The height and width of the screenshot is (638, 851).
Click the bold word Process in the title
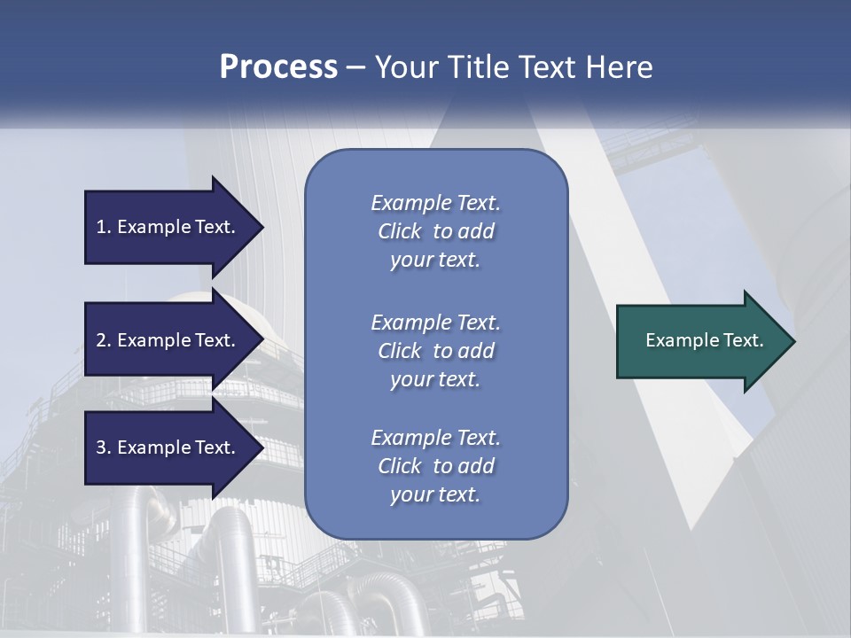click(278, 67)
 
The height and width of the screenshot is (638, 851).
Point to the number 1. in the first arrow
click(104, 227)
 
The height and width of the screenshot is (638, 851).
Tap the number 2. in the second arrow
click(104, 340)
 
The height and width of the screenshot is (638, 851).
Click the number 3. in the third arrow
click(104, 447)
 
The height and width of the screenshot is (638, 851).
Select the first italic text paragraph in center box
click(435, 231)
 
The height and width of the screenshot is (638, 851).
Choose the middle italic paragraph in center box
click(435, 351)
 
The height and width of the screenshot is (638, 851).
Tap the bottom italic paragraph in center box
click(435, 466)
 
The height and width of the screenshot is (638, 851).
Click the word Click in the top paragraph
click(400, 231)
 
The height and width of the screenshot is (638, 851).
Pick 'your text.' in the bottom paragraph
click(435, 494)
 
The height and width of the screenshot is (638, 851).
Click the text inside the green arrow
click(704, 340)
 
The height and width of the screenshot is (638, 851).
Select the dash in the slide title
click(355, 67)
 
